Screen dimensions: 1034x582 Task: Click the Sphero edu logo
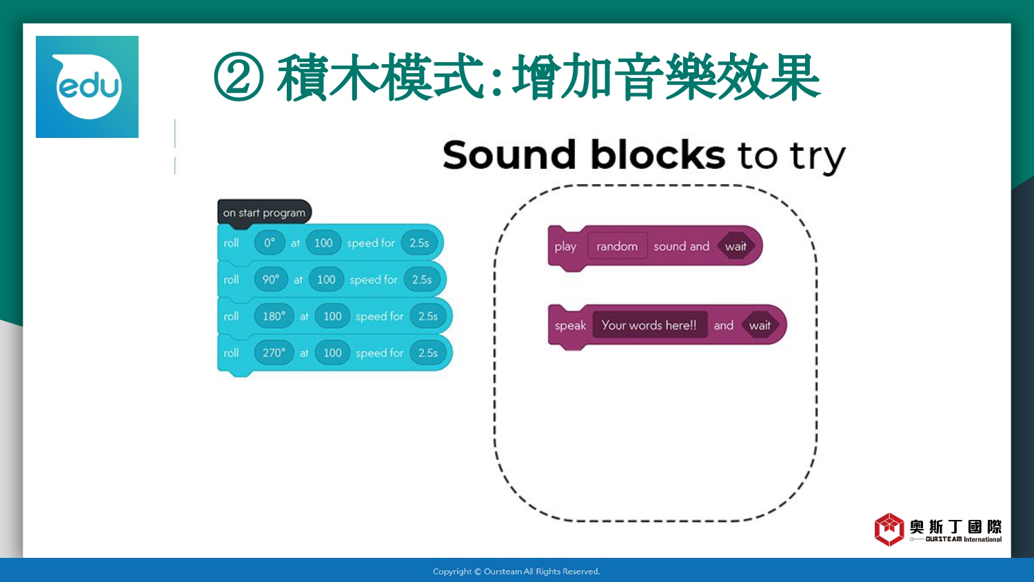[x=88, y=87]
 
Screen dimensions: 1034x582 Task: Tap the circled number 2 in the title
[x=239, y=77]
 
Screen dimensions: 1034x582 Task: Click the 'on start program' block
[x=265, y=212]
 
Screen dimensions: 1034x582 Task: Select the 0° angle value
[x=269, y=243]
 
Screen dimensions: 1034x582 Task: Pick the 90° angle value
[x=270, y=279]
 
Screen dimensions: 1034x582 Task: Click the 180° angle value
[x=274, y=317]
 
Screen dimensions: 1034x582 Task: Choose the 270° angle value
[x=274, y=353]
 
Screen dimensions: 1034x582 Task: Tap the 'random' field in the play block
[x=617, y=246]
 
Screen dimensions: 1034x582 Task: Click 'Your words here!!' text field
[x=649, y=325]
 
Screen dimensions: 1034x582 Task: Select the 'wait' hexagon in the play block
[x=736, y=246]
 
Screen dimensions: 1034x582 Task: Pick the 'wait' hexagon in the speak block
[x=760, y=325]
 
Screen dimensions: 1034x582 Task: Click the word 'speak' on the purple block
[x=570, y=326]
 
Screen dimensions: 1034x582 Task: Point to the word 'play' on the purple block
[x=565, y=247]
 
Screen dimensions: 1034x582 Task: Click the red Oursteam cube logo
[x=889, y=530]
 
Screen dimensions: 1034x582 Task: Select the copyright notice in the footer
[x=516, y=572]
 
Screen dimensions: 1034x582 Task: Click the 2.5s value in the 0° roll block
[x=419, y=243]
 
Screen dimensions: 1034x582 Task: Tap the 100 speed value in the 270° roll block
[x=332, y=353]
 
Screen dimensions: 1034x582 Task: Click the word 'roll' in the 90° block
[x=231, y=279]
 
